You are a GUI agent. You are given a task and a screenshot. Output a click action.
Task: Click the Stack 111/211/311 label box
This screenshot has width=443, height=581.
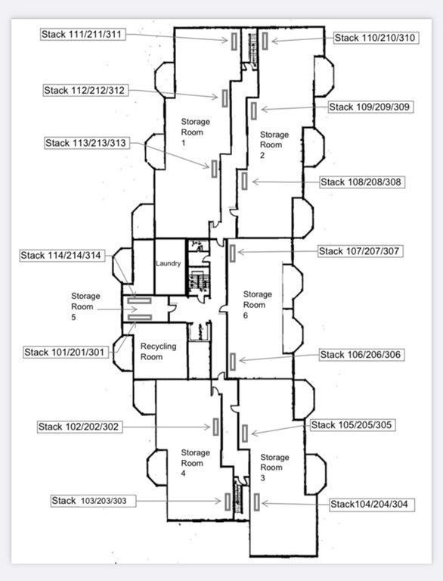(83, 35)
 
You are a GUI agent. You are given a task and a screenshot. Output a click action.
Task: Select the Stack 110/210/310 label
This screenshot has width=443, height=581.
(376, 38)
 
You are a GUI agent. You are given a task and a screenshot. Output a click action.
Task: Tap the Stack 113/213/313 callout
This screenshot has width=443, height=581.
(87, 143)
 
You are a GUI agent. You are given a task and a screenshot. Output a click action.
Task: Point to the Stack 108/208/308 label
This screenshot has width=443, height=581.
(362, 182)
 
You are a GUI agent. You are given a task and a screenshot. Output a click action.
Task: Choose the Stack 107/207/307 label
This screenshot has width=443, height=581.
(360, 251)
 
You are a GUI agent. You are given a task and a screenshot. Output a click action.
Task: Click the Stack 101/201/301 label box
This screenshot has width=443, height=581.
(66, 352)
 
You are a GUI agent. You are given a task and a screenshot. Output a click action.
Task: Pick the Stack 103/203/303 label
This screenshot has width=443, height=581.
(93, 501)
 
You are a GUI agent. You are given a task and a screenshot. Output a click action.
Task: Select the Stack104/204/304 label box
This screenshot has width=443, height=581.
(371, 505)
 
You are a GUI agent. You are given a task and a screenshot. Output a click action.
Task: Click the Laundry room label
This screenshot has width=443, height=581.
(168, 263)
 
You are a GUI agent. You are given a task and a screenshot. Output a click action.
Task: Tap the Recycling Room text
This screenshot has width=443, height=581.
(158, 351)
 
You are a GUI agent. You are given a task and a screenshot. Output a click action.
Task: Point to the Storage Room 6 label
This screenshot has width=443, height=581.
(258, 305)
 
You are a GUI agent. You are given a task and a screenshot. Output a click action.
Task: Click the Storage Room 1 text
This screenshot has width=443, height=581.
(195, 132)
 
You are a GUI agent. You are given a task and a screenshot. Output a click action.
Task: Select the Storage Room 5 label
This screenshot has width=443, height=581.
(85, 306)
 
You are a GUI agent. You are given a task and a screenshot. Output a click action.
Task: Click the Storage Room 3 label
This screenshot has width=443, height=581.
(274, 468)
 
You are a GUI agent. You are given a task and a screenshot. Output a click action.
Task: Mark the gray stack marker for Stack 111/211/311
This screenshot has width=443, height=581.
(234, 41)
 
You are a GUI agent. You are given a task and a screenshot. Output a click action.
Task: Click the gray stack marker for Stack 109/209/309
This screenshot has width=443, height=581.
(253, 110)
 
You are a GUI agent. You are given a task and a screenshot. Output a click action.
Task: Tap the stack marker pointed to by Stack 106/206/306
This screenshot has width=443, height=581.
(232, 362)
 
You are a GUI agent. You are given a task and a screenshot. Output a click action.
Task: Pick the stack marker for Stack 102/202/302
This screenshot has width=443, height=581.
(216, 427)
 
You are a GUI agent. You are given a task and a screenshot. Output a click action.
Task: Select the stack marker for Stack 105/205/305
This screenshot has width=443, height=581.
(244, 433)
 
